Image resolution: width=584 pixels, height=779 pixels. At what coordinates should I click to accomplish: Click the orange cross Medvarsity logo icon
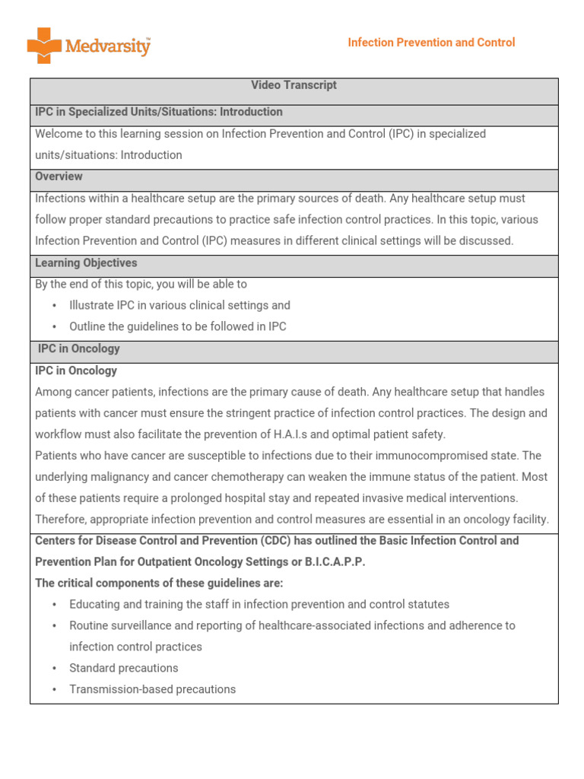tap(44, 46)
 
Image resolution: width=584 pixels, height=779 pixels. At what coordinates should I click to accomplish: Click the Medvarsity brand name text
tap(107, 46)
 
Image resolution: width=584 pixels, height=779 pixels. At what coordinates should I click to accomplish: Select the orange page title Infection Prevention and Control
tap(431, 43)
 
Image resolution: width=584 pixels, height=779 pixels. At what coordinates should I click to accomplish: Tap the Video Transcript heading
tap(294, 85)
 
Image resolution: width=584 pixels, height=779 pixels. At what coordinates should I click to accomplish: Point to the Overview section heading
tap(59, 176)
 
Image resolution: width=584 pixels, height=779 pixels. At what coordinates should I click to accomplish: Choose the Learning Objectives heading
tap(86, 263)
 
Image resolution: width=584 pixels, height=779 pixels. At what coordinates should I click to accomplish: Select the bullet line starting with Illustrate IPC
tap(179, 306)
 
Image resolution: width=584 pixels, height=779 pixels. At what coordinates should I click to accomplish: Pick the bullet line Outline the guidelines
tap(177, 327)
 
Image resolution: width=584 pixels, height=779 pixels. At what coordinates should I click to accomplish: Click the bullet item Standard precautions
tap(123, 668)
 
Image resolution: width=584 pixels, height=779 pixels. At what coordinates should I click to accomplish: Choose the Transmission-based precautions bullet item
tap(152, 689)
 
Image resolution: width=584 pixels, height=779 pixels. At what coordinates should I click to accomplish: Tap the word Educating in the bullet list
tap(94, 605)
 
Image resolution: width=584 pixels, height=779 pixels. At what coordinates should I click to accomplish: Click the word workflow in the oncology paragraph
tap(60, 435)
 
